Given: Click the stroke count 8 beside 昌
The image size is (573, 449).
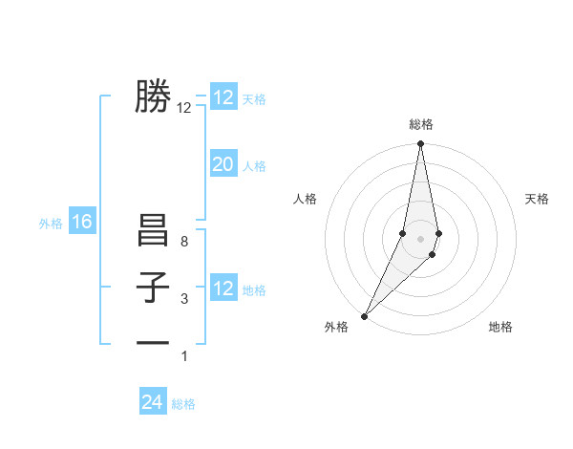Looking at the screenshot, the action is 184,243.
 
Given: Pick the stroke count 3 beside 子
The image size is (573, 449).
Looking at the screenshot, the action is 184,300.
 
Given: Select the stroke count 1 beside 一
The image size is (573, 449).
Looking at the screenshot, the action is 184,356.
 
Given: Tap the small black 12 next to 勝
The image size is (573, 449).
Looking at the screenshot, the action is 184,108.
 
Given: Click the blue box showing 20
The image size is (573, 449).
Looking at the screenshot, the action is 223,164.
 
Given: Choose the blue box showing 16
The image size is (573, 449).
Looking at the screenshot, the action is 82,223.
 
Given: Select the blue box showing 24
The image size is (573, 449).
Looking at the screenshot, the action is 153,402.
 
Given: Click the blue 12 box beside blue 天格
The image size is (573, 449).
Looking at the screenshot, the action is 223,97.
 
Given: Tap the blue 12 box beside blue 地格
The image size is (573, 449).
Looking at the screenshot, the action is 223,289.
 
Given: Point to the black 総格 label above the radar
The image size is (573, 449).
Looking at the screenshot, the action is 421,124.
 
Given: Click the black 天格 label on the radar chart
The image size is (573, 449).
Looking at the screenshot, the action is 537,199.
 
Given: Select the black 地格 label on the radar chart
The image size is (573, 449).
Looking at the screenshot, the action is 500,327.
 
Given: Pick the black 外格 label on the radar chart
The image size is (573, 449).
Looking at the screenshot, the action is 336,327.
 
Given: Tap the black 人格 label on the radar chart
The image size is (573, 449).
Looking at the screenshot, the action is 305,199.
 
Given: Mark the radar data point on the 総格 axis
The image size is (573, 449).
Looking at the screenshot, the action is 420,144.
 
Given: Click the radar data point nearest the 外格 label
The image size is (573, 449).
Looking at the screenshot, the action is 365,315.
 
